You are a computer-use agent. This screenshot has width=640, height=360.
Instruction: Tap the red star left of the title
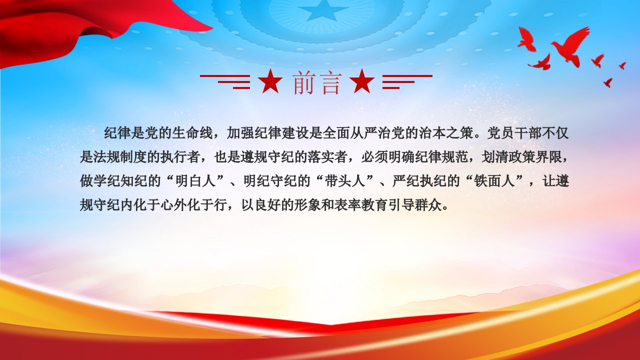click(270, 81)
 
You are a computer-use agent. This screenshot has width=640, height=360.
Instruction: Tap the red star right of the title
click(362, 81)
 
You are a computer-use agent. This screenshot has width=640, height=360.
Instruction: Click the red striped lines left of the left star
click(225, 82)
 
